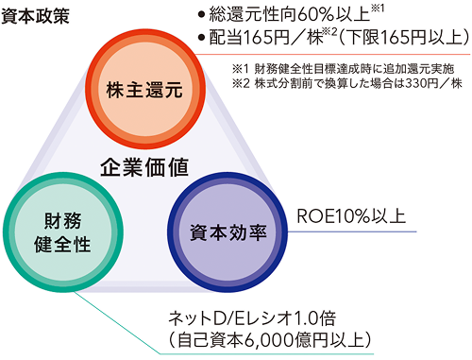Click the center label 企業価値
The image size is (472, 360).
pos(144,167)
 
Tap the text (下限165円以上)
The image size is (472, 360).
pos(406,40)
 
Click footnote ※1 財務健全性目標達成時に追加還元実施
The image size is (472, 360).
pos(341,69)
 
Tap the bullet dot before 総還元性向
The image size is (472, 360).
pos(201,15)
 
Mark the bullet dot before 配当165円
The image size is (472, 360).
pos(201,40)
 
